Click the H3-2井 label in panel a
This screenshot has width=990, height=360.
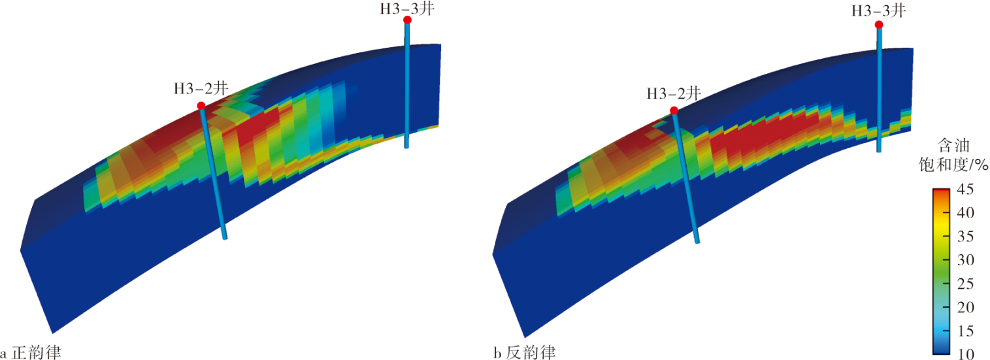[x=201, y=88]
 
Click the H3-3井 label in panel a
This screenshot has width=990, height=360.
[x=407, y=9]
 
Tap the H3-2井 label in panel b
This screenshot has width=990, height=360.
[x=674, y=93]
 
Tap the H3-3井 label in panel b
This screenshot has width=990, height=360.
[x=879, y=10]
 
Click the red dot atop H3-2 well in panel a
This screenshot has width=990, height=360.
[x=201, y=106]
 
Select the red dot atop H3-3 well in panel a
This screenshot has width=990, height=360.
[x=408, y=20]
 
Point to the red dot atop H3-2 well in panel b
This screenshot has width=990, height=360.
[x=674, y=110]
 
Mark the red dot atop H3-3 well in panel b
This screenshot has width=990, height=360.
[x=879, y=25]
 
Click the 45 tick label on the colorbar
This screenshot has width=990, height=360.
[x=965, y=189]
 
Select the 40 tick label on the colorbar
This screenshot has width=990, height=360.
[x=965, y=212]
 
